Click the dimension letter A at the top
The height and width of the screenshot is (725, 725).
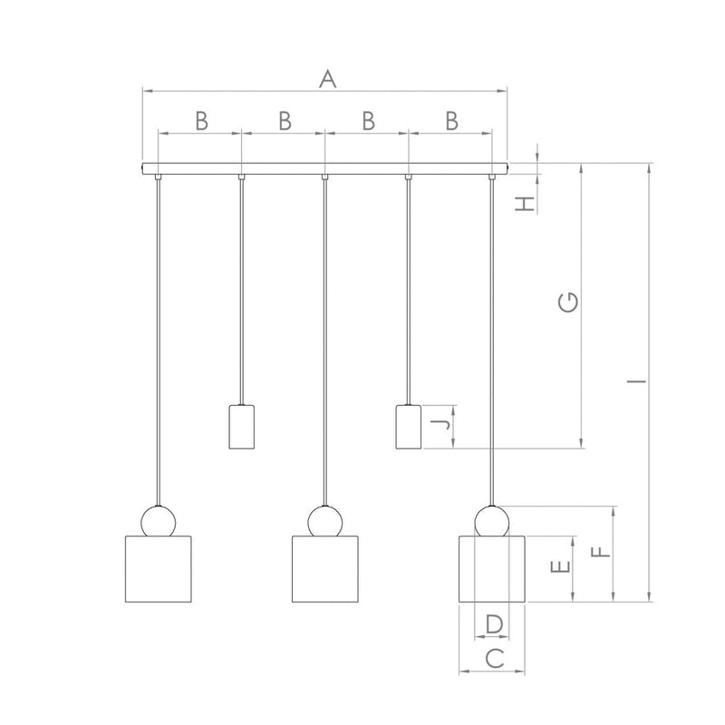(x=328, y=79)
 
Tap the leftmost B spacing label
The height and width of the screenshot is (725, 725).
(x=201, y=121)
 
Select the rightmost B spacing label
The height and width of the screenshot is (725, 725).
(x=451, y=121)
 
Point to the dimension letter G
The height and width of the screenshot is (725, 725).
(x=568, y=302)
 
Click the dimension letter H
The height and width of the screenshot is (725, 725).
(x=526, y=203)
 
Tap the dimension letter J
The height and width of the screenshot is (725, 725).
(x=440, y=423)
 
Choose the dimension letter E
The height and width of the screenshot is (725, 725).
(x=560, y=566)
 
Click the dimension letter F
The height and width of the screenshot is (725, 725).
(x=601, y=552)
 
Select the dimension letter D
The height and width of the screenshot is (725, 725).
(x=494, y=624)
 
